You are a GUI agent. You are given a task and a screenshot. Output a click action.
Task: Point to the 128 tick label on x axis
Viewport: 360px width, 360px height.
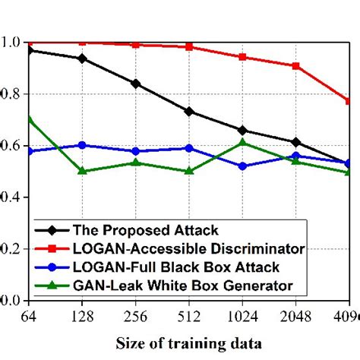point(81,314)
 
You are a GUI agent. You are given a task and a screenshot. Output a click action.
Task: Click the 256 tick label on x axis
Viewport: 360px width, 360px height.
point(135,314)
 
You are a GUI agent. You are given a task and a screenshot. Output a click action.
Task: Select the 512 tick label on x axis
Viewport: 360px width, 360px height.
point(189,314)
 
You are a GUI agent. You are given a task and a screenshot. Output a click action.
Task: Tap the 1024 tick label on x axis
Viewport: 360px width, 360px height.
point(242,314)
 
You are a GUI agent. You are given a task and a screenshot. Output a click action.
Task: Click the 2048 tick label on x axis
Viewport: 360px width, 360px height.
point(296,314)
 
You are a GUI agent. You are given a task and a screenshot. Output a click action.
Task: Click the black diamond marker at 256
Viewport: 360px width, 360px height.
point(135,84)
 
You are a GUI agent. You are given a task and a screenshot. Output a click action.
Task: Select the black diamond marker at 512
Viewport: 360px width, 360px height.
point(189,112)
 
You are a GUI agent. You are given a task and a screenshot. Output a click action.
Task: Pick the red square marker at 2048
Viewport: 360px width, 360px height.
point(296,66)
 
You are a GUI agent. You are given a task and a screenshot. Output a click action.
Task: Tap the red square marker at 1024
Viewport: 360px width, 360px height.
point(242,57)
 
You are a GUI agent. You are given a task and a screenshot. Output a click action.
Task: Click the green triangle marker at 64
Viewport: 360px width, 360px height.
point(29,119)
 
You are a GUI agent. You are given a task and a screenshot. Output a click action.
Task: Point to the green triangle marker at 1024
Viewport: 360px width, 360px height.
point(242,142)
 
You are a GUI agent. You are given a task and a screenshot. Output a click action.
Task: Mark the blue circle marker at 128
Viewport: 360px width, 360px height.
point(82,145)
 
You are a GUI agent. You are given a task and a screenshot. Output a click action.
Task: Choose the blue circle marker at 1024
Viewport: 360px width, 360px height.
point(242,166)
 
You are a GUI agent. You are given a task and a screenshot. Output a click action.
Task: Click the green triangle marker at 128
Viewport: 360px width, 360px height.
point(82,170)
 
